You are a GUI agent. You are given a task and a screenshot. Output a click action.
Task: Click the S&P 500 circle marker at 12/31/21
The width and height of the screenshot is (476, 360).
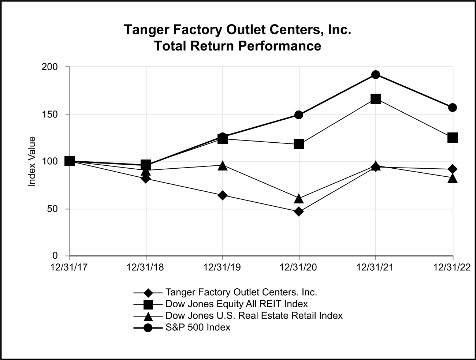[376, 75]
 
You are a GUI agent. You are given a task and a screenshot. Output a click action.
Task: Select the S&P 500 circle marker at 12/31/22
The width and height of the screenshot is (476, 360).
[453, 108]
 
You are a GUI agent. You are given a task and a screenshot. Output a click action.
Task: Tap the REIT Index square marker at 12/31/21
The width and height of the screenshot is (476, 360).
[376, 99]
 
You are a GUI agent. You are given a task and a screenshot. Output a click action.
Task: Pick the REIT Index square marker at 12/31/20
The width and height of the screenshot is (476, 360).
[299, 144]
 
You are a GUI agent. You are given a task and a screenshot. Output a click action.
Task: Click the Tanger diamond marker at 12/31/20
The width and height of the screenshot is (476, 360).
[299, 211]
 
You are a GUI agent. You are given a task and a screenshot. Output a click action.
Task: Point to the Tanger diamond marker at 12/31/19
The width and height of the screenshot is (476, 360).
[222, 195]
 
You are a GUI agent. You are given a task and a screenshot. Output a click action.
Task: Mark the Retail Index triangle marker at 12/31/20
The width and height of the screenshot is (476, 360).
[299, 199]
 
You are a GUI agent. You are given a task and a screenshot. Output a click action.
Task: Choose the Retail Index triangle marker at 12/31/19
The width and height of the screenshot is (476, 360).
[222, 166]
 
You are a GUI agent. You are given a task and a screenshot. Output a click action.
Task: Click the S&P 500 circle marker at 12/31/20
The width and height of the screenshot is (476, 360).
[299, 115]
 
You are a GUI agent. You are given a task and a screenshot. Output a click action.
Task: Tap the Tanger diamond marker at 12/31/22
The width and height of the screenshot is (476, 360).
[453, 169]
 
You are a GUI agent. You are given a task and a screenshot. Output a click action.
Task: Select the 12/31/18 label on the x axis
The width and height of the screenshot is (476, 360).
[145, 267]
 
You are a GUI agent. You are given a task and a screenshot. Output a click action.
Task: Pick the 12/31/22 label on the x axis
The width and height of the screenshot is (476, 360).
[452, 267]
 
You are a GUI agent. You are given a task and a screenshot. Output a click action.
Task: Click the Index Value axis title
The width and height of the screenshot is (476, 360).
[32, 161]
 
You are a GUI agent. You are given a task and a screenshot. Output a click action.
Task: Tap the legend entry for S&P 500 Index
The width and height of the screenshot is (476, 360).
[198, 327]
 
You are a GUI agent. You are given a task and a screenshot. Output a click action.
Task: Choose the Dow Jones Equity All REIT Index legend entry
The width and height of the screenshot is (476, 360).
[237, 304]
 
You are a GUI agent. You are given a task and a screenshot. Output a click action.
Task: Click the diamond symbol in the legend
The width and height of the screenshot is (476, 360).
[148, 293]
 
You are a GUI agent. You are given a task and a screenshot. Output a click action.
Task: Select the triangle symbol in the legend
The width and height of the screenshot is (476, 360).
[148, 316]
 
